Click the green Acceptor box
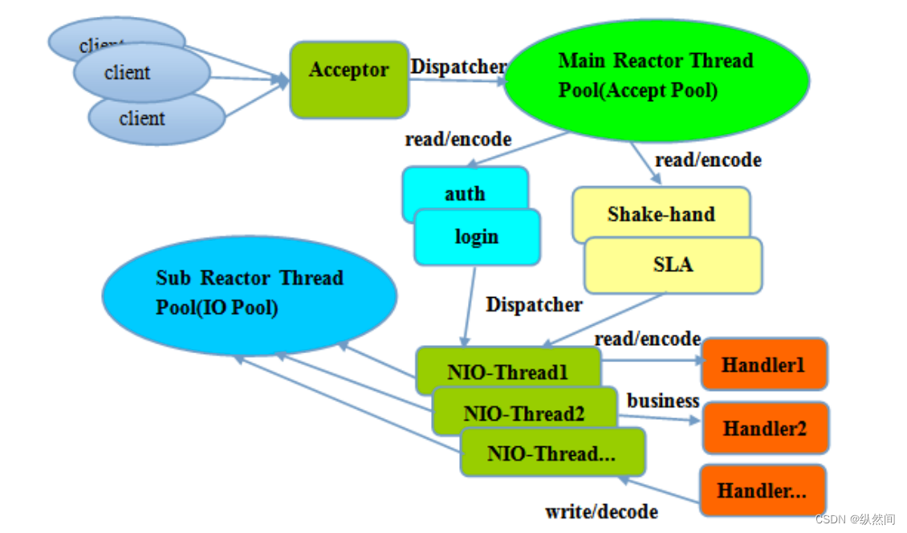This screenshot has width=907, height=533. pos(349,79)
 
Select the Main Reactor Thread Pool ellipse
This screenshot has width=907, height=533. pos(656,79)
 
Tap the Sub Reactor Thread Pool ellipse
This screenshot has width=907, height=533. pos(250,295)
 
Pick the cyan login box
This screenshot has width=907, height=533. pos(478,238)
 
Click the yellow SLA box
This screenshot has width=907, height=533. pos(673,265)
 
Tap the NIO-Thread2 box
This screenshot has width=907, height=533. pos(524,411)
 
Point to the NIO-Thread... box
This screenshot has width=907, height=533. pos(552,452)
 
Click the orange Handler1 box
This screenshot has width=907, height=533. pos(764,364)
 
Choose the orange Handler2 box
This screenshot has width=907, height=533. pos(765,429)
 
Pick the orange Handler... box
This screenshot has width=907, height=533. pos(763,490)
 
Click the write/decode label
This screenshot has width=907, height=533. pos(601,511)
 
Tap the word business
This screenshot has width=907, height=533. pos(663,401)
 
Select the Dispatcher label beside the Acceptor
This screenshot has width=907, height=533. pos(458,67)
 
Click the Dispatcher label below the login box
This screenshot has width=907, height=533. pos(534,304)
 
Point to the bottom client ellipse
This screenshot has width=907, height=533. pos(157,118)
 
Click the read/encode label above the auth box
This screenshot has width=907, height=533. pos(458,139)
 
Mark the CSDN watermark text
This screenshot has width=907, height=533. pos(855,519)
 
